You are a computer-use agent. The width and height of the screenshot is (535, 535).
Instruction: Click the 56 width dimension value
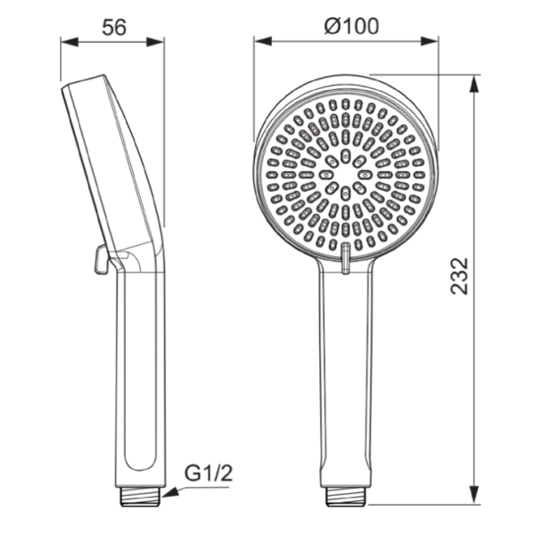pyautogui.click(x=114, y=28)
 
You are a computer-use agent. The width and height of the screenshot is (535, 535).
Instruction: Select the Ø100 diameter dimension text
pyautogui.click(x=351, y=26)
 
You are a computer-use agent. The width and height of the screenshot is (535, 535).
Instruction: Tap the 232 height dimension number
pyautogui.click(x=459, y=276)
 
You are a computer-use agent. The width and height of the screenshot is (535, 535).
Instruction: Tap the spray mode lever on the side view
pyautogui.click(x=101, y=260)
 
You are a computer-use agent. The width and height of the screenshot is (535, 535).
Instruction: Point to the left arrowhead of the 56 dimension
pyautogui.click(x=70, y=42)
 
